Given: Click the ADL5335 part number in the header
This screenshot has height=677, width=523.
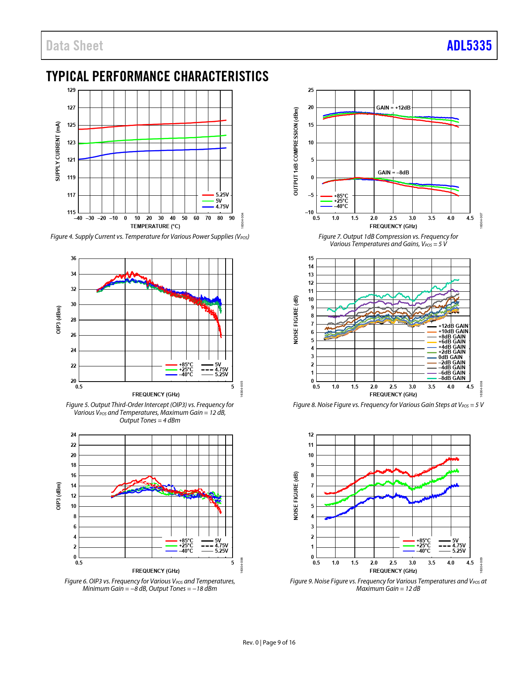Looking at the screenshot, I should [469, 46].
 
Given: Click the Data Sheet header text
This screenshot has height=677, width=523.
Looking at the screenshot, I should [74, 46].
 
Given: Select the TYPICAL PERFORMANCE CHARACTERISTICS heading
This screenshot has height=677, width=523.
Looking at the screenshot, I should [158, 76].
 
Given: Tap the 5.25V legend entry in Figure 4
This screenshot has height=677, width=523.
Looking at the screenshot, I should [222, 195].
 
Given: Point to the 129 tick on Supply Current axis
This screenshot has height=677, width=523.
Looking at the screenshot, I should [71, 90].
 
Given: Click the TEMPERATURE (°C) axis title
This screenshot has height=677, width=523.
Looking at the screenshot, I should [155, 226].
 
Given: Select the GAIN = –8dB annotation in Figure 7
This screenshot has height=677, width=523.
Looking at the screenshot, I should [393, 173].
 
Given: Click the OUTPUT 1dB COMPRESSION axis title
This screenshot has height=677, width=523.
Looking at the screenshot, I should [296, 151].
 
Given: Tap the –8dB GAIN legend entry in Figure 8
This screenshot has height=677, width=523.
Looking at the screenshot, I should [452, 378].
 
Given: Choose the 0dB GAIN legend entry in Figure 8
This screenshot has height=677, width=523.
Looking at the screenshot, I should [450, 357].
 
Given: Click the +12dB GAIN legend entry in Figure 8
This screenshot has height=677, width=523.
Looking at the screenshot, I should [453, 326].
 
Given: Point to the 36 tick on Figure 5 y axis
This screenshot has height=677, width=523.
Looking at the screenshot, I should [73, 258].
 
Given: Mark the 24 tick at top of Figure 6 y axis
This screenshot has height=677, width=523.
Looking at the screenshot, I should [73, 435].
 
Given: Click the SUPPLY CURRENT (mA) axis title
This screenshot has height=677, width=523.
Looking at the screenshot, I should [58, 151].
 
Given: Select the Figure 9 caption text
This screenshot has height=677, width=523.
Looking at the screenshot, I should [388, 585].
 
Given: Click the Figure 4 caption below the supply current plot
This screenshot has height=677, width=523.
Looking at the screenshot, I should [150, 237].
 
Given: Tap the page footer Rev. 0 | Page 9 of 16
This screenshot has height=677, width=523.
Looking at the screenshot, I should [269, 643].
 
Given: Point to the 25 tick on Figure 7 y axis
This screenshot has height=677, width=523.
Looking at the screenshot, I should [311, 90].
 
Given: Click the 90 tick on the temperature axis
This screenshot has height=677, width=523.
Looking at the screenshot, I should [232, 218].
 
